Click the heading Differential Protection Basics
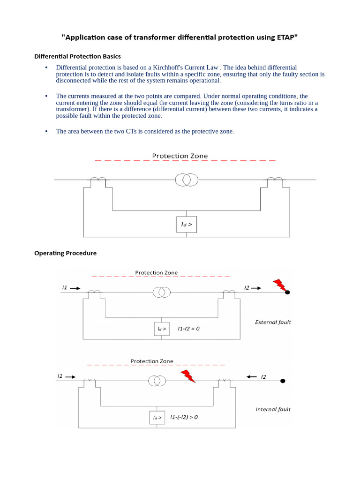pyautogui.click(x=77, y=56)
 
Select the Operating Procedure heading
pyautogui.click(x=65, y=253)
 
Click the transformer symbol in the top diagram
pyautogui.click(x=187, y=179)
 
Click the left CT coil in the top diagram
pyautogui.click(x=98, y=180)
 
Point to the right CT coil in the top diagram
pyautogui.click(x=274, y=180)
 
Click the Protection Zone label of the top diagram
pyautogui.click(x=180, y=156)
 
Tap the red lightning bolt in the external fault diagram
pyautogui.click(x=279, y=285)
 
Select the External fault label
pyautogui.click(x=273, y=322)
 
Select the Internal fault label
pyautogui.click(x=273, y=409)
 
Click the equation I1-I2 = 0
pyautogui.click(x=188, y=329)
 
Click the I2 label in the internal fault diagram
pyautogui.click(x=263, y=376)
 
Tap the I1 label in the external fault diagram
pyautogui.click(x=65, y=288)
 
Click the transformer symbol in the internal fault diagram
pyautogui.click(x=157, y=381)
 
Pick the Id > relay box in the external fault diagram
pyautogui.click(x=162, y=329)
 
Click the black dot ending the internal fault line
pyautogui.click(x=282, y=381)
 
